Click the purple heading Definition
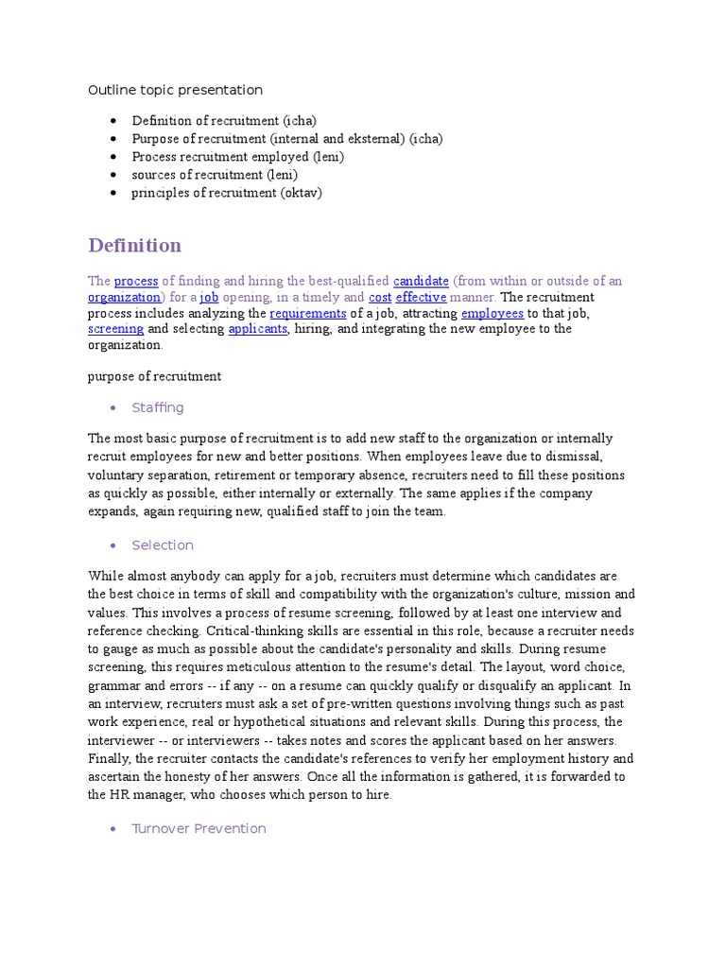pos(134,246)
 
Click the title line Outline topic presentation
pos(175,90)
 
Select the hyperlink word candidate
pos(421,281)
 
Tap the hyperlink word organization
pos(124,297)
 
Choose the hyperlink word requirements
pos(308,313)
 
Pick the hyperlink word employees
pos(492,313)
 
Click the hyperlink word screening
pos(115,329)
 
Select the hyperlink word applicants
pos(257,329)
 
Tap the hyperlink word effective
pos(421,297)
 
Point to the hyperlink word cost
pos(380,297)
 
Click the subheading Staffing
pos(158,407)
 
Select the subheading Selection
pos(163,544)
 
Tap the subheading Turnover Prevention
pos(199,828)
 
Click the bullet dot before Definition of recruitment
pos(113,121)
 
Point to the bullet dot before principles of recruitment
pos(113,193)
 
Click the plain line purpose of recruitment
pos(154,376)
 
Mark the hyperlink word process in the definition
pos(136,281)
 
